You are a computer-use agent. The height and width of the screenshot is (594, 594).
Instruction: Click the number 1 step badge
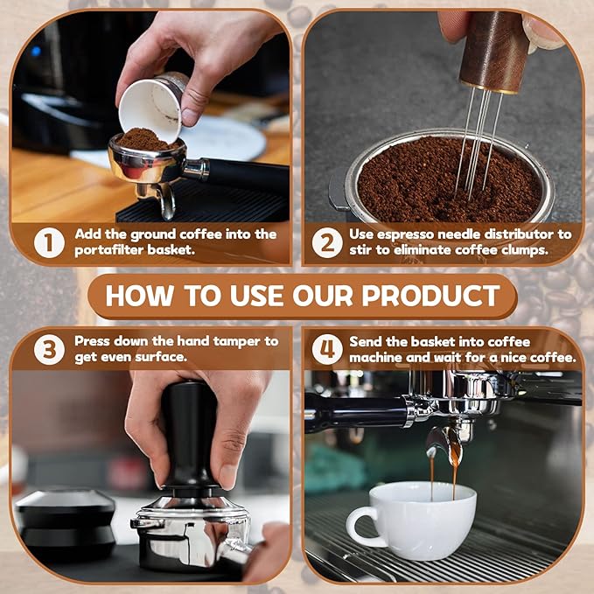click(49, 242)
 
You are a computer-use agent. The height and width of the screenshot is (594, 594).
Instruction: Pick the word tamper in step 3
click(236, 341)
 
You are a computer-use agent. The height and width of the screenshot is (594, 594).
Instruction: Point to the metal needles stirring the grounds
click(477, 149)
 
